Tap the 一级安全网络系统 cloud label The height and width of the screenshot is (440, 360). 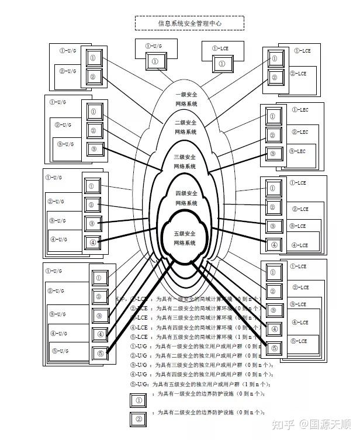(186, 99)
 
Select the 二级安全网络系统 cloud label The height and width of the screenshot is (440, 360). (186, 127)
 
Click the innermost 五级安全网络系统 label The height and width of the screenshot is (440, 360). (186, 238)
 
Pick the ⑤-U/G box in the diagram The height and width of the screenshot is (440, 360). (60, 351)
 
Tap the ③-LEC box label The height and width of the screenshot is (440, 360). (297, 151)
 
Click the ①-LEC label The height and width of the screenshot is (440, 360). (300, 110)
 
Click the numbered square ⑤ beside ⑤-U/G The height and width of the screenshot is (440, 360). (99, 354)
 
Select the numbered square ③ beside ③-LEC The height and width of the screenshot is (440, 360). (272, 155)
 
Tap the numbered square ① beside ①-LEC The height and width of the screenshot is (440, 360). (272, 116)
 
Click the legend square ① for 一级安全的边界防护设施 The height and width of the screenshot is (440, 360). (138, 400)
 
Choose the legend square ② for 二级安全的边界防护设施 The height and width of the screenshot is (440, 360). (138, 419)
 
